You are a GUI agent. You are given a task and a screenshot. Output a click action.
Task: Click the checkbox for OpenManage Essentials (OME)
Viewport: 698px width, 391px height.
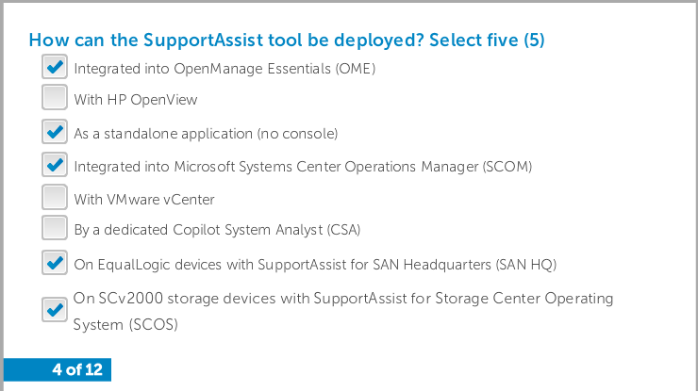pyautogui.click(x=55, y=67)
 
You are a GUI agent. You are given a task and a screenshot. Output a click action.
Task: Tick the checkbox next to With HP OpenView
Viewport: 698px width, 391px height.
pyautogui.click(x=55, y=97)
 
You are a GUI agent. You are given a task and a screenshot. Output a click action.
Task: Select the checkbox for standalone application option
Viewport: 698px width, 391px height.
pyautogui.click(x=55, y=132)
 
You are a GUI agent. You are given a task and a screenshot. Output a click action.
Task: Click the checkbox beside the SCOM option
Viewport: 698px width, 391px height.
pyautogui.click(x=55, y=165)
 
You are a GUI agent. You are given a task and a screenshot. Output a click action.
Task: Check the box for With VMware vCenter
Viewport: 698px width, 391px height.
pyautogui.click(x=55, y=197)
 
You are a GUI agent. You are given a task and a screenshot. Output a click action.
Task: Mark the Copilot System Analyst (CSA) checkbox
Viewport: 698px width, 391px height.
pyautogui.click(x=55, y=228)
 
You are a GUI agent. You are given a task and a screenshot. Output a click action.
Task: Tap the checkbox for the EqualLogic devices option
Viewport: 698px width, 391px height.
pyautogui.click(x=55, y=263)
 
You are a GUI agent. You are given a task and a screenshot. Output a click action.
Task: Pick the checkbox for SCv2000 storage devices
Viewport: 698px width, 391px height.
pyautogui.click(x=55, y=310)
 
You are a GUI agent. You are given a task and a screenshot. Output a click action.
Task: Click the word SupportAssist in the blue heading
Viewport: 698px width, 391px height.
pyautogui.click(x=204, y=41)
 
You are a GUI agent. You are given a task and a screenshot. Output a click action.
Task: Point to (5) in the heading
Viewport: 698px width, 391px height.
pyautogui.click(x=534, y=40)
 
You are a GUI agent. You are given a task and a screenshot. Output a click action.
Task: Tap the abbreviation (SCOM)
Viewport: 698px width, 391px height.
pyautogui.click(x=507, y=167)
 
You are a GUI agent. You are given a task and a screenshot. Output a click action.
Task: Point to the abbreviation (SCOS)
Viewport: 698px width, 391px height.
pyautogui.click(x=154, y=325)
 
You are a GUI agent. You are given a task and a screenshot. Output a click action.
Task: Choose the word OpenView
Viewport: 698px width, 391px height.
pyautogui.click(x=164, y=100)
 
